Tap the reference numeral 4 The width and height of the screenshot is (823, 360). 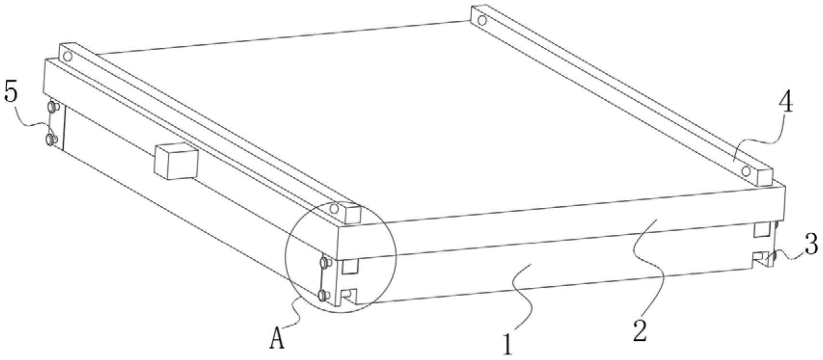coord(786,103)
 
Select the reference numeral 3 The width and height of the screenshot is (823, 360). coord(811,245)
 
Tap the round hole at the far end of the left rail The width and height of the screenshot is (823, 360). coord(67,56)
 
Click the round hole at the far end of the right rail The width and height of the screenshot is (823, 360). coord(480,21)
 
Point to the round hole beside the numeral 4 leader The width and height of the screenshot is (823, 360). coord(746,171)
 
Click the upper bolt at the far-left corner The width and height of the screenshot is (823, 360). coord(52,106)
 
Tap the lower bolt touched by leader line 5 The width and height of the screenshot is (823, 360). coord(50,139)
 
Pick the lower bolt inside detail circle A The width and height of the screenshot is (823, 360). coord(324,295)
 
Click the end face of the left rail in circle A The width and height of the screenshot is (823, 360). coord(353,214)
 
